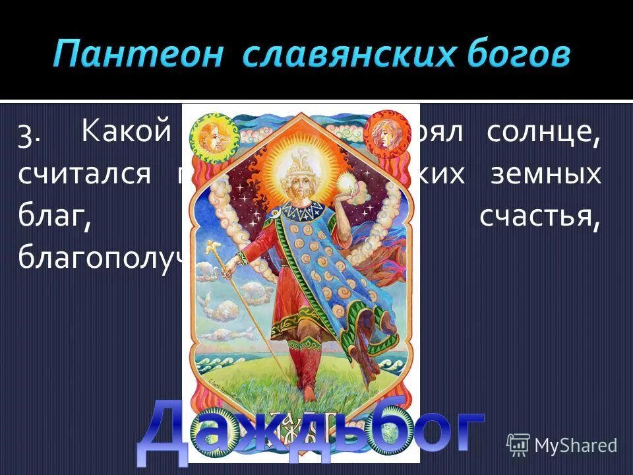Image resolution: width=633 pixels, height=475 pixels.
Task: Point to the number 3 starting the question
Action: pyautogui.click(x=30, y=135)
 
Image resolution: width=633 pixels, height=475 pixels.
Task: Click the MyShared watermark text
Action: pyautogui.click(x=576, y=445)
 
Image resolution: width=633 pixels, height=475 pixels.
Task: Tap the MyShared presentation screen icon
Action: pyautogui.click(x=518, y=445)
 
